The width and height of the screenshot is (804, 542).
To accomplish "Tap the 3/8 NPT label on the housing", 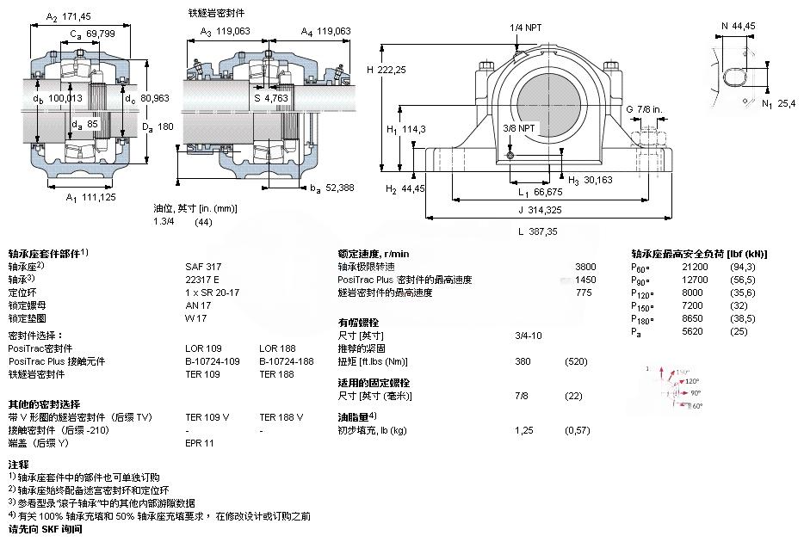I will coord(519,127).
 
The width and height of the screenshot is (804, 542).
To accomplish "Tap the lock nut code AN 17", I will coord(198,305).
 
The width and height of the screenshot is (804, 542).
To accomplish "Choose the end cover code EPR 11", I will coord(201,443).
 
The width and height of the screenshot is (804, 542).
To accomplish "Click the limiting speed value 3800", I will coord(585,267).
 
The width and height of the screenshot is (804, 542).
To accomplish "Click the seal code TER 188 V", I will coord(281,417).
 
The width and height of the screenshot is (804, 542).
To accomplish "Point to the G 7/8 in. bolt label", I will coord(644,109).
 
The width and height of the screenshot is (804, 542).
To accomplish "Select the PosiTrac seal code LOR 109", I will coord(203,348).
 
